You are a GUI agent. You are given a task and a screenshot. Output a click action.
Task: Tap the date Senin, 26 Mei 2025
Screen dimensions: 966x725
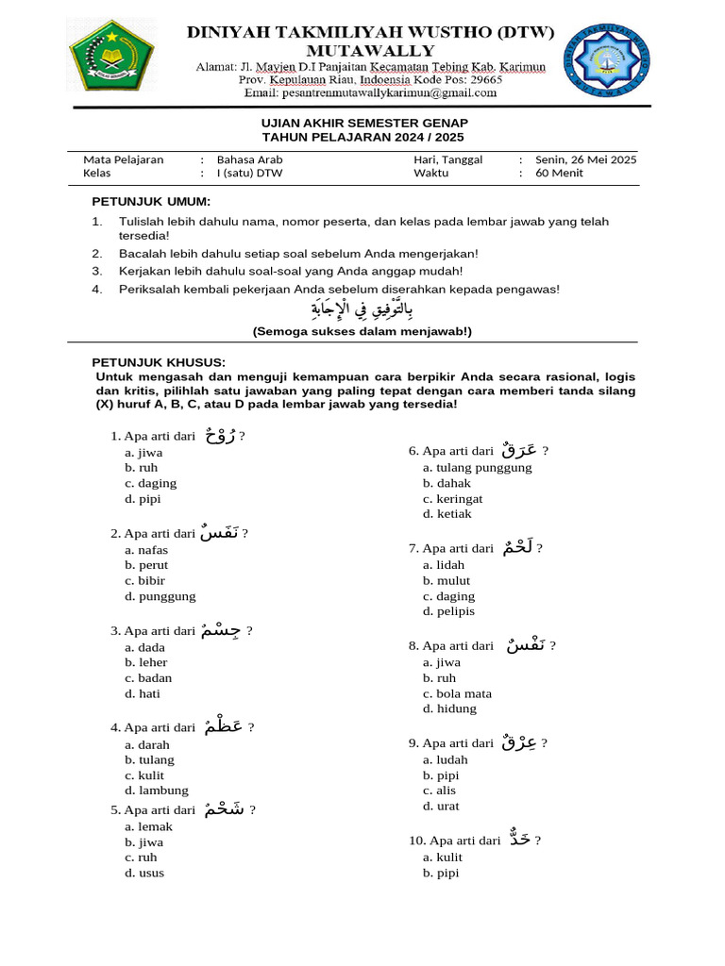click(x=585, y=159)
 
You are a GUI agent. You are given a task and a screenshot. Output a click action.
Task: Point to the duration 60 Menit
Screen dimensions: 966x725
click(x=559, y=174)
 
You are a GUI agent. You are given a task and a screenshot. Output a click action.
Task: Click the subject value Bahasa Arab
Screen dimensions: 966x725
click(x=249, y=159)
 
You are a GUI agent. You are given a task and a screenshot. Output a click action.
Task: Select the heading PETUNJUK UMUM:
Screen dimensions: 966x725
click(x=151, y=202)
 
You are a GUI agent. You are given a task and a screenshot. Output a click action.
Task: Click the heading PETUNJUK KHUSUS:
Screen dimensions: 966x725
click(x=158, y=362)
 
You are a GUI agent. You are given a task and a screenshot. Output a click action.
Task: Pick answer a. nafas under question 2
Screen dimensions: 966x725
click(x=145, y=550)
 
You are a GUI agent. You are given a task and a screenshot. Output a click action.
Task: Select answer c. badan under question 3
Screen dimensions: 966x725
click(x=148, y=678)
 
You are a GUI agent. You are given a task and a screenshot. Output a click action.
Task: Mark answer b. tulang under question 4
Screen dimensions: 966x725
click(x=149, y=759)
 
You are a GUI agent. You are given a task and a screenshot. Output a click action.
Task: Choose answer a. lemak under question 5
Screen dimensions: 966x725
click(x=148, y=826)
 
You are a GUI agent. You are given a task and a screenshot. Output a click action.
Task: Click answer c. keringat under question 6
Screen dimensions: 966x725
click(x=452, y=498)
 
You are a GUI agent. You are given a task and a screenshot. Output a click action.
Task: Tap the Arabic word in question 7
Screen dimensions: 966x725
click(x=516, y=546)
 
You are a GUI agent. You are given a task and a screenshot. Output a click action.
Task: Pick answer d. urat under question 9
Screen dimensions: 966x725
click(x=441, y=806)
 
